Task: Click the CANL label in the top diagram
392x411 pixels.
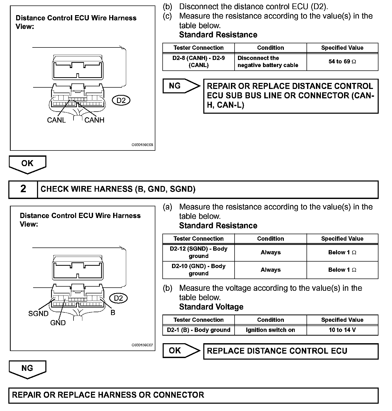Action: click(56, 120)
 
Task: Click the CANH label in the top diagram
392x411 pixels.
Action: click(94, 120)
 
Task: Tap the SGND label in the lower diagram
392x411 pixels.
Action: click(38, 313)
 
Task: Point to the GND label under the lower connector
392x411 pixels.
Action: click(58, 323)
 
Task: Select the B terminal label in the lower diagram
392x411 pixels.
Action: click(113, 312)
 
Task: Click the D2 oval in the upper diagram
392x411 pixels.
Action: click(121, 100)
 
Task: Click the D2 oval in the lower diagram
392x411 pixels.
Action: click(118, 298)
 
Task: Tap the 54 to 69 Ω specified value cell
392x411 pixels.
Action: click(342, 62)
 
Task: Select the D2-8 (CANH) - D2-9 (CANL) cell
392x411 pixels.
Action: click(198, 62)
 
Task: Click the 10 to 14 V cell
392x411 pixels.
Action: click(342, 330)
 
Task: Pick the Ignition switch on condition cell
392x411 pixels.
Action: click(270, 330)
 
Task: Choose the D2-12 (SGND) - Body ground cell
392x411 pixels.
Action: click(198, 252)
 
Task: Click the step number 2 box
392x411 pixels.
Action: click(23, 189)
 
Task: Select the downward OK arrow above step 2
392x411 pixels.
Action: click(27, 164)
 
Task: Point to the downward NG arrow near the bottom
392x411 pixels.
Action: click(27, 369)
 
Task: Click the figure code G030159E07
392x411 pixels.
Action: click(142, 345)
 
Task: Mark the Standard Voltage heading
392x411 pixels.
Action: click(211, 307)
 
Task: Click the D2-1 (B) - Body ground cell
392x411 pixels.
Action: click(198, 330)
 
